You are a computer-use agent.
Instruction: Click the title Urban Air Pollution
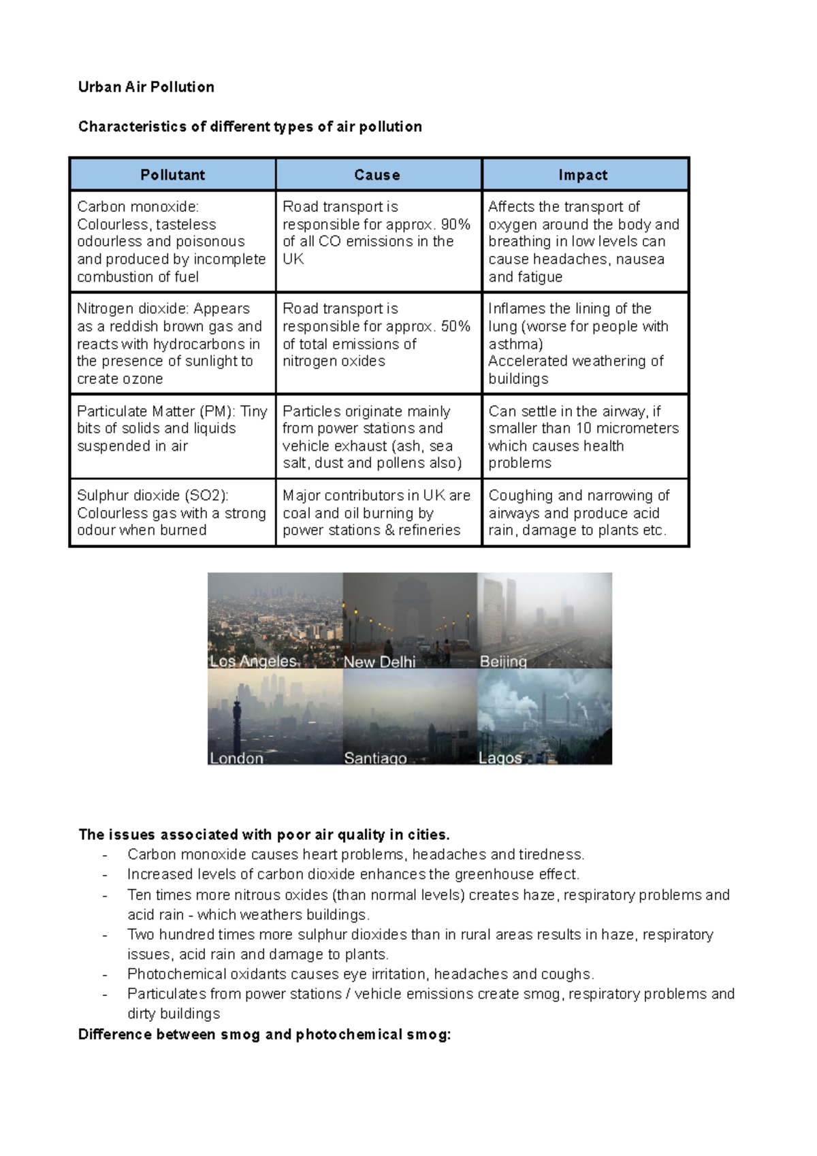(x=146, y=87)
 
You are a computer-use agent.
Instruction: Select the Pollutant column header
(x=172, y=175)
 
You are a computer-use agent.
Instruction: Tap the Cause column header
(x=377, y=175)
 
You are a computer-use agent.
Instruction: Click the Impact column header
(x=583, y=175)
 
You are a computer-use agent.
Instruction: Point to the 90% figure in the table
(x=455, y=225)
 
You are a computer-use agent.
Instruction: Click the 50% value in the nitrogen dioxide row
(x=455, y=327)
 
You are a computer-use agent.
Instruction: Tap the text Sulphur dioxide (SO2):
(x=153, y=496)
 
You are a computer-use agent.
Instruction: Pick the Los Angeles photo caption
(x=253, y=661)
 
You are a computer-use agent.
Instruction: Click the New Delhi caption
(x=379, y=662)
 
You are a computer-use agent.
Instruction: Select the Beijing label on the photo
(x=503, y=662)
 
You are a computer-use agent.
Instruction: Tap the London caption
(x=236, y=758)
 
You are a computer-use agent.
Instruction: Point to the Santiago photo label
(x=375, y=758)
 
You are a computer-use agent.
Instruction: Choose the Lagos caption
(x=500, y=758)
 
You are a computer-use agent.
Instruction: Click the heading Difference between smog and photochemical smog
(x=264, y=1035)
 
